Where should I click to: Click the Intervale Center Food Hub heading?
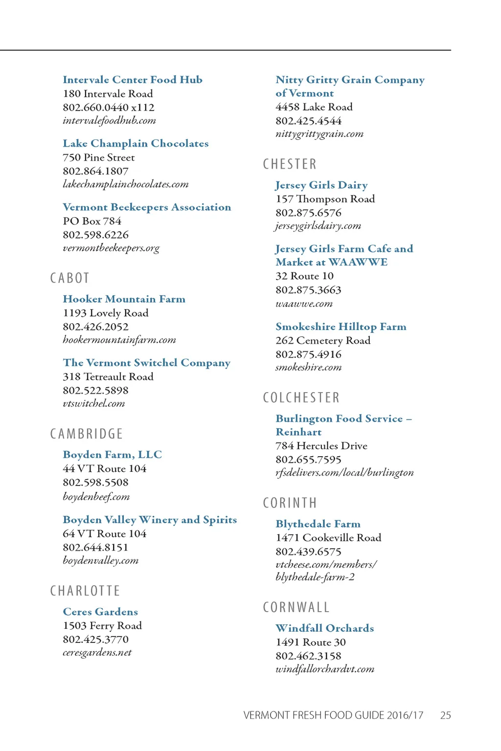tap(132, 80)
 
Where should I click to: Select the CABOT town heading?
tap(70, 278)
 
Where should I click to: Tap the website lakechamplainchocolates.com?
tap(125, 184)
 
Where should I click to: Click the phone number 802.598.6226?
tap(95, 235)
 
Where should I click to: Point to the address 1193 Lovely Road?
tap(105, 313)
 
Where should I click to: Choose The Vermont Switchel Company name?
tap(146, 363)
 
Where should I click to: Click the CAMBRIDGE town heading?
tap(87, 434)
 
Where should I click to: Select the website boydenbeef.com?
tap(96, 497)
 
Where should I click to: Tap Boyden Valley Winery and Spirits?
tap(149, 520)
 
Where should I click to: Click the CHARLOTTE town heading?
tap(85, 591)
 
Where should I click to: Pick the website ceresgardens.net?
tap(97, 652)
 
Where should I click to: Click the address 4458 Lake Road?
tap(314, 107)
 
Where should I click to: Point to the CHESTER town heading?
tap(290, 164)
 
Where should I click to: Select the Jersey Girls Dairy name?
tap(321, 185)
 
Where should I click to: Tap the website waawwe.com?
tap(304, 304)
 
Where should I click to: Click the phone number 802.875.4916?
tap(308, 354)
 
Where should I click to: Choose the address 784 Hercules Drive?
tap(321, 446)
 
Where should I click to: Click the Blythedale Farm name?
tap(318, 524)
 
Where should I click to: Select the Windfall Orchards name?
tap(324, 628)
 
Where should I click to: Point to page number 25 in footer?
tap(445, 715)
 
